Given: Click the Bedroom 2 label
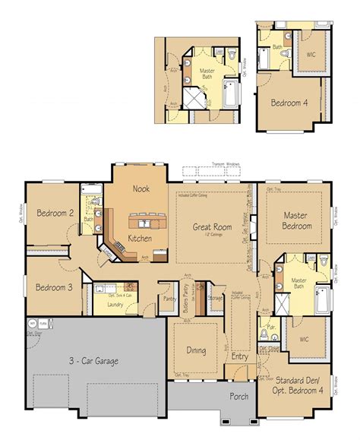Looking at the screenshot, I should click(55, 214).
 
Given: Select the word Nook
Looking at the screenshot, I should click(141, 188).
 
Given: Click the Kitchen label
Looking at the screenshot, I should click(140, 239).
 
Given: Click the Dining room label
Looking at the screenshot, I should click(195, 352).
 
